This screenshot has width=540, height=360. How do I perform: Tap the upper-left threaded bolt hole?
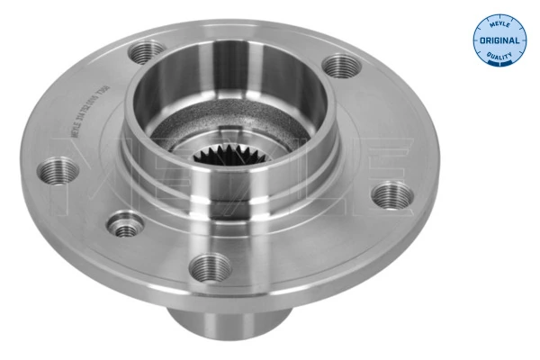coord(141,52)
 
